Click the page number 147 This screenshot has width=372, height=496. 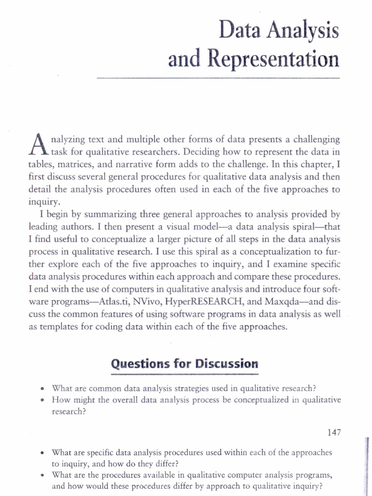point(334,433)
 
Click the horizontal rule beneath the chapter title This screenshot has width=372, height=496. point(218,77)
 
